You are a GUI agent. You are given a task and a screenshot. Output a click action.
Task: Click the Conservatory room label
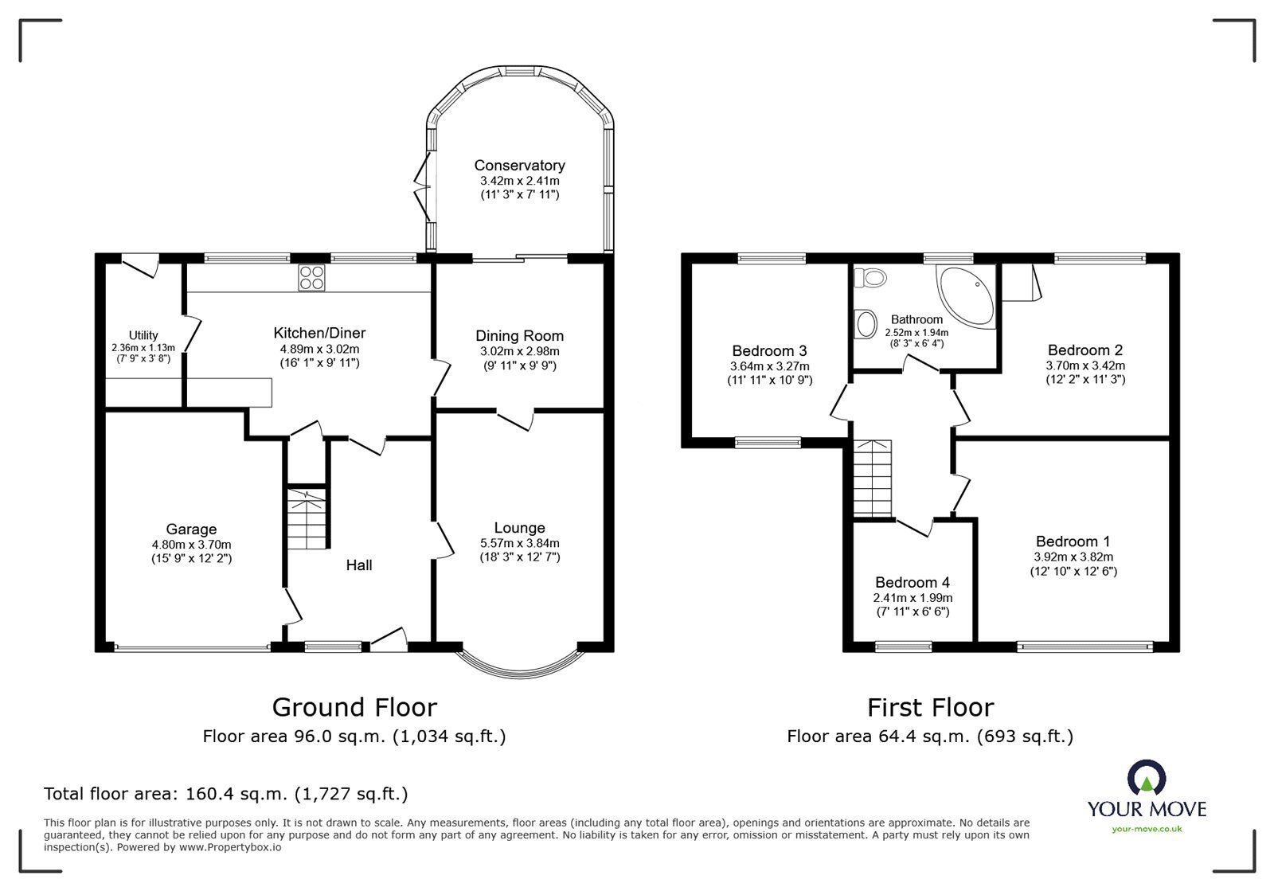click(519, 166)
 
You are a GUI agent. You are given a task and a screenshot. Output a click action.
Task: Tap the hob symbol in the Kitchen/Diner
click(311, 278)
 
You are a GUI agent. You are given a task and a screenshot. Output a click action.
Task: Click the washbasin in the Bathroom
click(863, 323)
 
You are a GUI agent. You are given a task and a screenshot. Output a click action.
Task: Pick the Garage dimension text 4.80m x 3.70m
click(191, 545)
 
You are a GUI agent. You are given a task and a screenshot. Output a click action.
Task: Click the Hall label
click(359, 565)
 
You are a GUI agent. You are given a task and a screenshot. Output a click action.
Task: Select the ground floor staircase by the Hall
click(307, 518)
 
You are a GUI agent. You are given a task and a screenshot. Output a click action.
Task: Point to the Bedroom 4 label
click(913, 583)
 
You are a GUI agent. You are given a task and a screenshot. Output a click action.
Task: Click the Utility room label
click(143, 335)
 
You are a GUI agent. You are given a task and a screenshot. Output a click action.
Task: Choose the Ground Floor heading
click(354, 707)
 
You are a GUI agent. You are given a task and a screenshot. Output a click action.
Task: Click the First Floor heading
click(930, 707)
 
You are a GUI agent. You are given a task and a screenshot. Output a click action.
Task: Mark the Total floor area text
click(225, 794)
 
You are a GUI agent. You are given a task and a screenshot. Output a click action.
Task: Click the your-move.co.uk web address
click(1147, 829)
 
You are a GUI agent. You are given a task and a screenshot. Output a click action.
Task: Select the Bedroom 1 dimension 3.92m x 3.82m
click(1073, 557)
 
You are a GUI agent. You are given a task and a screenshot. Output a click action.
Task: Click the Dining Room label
click(519, 336)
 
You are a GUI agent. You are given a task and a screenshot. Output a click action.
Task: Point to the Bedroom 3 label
click(769, 351)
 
